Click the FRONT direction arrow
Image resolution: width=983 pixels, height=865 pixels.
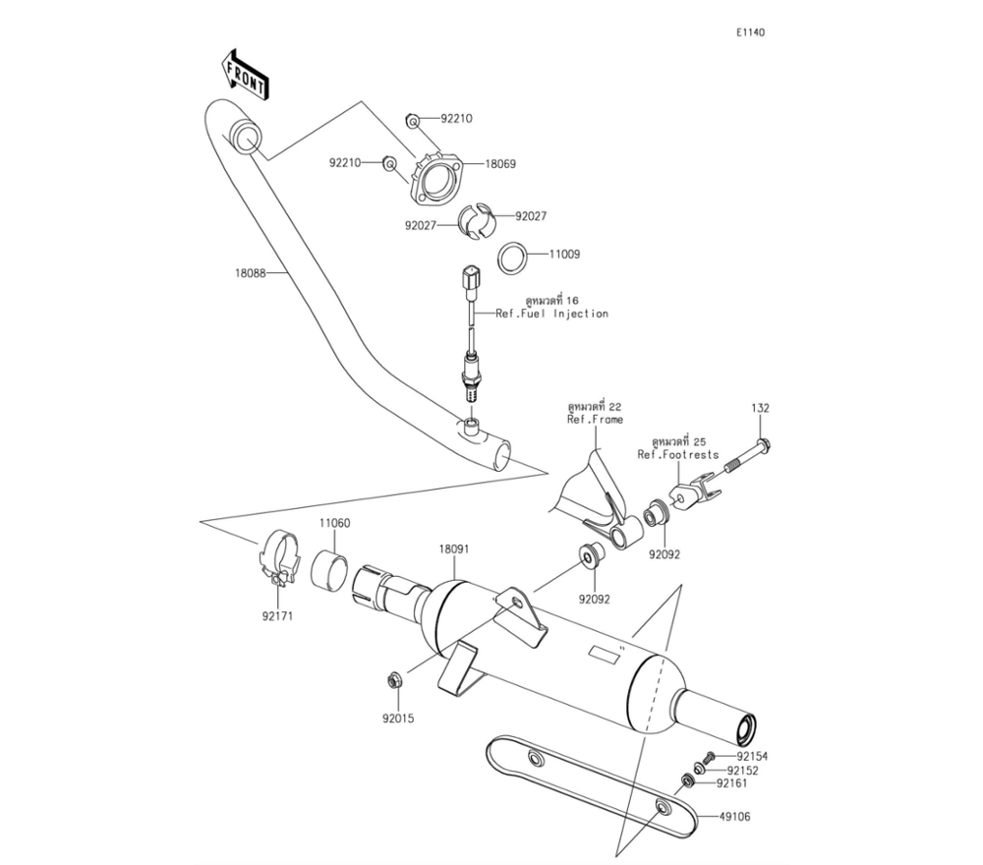(245, 74)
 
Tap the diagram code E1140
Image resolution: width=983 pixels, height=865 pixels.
(750, 32)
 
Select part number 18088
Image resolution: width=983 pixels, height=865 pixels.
(251, 273)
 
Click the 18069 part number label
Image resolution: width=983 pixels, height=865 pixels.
(500, 164)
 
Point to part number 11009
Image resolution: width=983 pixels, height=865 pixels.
(565, 255)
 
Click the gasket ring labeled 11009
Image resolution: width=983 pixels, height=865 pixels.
(512, 257)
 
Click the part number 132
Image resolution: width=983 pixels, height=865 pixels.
(761, 408)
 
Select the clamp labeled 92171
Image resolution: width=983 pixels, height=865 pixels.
(278, 558)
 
